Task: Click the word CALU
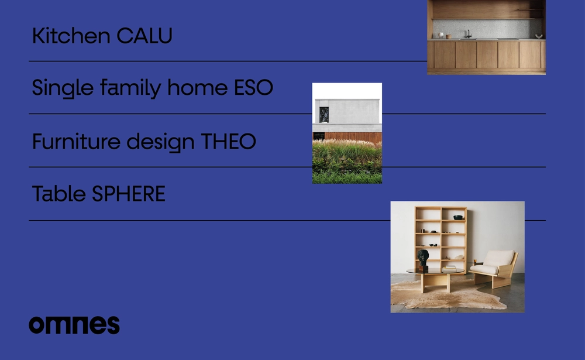pos(144,36)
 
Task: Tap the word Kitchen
pos(71,36)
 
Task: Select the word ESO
pos(253,88)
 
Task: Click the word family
pos(130,89)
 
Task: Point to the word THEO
pos(228,142)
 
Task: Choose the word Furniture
pos(77,142)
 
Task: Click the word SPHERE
pos(128,194)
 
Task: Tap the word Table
pos(59,194)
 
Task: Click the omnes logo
pos(74,325)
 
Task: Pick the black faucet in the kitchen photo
pos(467,34)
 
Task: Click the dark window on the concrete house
pos(324,115)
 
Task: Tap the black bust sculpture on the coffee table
pos(423,260)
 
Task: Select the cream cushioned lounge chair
pos(494,268)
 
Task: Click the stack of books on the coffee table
pos(449,268)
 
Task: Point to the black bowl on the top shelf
pos(458,217)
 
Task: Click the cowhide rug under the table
pos(447,295)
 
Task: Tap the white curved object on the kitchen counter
pos(538,36)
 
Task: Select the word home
pos(197,88)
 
